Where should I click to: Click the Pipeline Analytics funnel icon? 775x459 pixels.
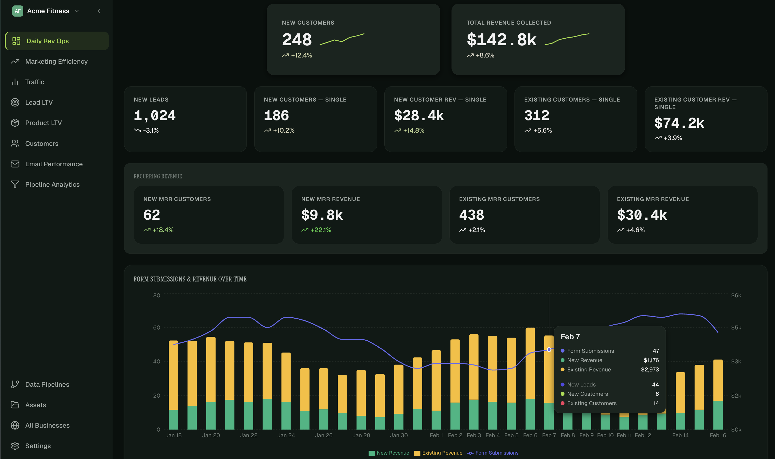point(15,184)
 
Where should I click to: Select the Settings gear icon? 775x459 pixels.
point(15,446)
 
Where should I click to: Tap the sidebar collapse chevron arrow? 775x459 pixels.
point(99,11)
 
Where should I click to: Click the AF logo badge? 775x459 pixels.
point(18,11)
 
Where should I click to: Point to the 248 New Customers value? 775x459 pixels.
point(297,40)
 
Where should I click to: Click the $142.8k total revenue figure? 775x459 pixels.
point(501,40)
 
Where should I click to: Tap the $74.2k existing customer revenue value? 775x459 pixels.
point(679,123)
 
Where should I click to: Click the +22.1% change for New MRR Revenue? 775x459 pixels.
point(320,230)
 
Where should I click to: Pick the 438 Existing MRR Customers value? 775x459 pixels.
point(471,215)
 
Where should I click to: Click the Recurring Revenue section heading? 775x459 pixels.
point(158,176)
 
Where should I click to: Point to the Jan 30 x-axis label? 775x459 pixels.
point(399,435)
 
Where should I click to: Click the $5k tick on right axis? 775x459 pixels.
point(736,328)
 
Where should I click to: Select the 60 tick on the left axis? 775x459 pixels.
point(157,328)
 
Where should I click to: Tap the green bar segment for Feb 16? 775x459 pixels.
point(718,415)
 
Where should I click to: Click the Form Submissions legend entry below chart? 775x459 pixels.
point(496,453)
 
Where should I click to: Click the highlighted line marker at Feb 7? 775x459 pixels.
point(549,350)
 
